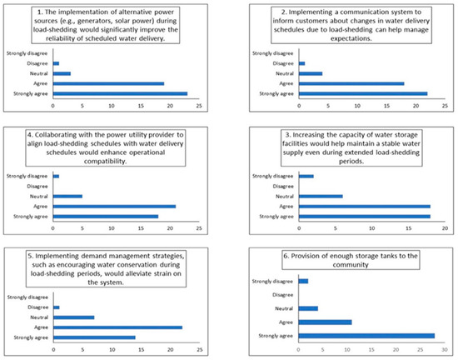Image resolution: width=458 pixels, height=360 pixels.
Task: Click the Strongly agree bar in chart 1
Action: coord(120,93)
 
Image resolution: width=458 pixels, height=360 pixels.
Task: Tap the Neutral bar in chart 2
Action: coord(310,73)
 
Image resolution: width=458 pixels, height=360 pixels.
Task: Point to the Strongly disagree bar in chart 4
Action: coord(56,176)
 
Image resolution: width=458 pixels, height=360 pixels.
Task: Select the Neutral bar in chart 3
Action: coord(321,196)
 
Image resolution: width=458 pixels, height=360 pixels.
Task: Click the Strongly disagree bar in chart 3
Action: coord(306,176)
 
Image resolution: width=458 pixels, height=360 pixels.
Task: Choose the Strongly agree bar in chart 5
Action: coord(94,337)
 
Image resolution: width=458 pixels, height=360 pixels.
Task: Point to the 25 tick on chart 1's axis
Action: coord(199,106)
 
